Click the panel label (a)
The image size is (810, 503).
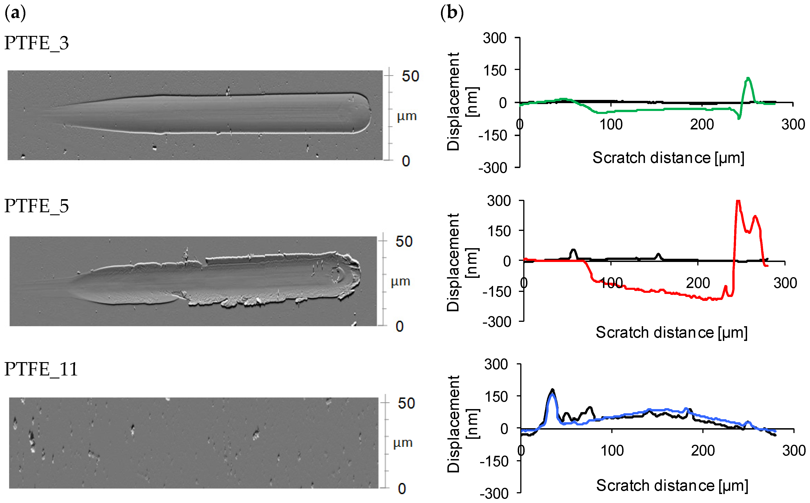15,13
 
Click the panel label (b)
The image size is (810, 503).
452,13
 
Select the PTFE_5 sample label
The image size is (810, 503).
37,206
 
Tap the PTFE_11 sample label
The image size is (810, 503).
41,369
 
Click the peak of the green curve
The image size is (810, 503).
748,79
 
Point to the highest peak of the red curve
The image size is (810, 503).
738,201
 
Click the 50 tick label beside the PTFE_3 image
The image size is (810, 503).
410,76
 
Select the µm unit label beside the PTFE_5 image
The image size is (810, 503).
400,282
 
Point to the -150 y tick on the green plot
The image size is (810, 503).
493,135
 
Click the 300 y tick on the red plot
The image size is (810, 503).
499,201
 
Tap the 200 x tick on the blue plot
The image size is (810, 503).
703,451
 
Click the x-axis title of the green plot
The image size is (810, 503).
668,158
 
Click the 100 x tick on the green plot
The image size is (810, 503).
611,124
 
